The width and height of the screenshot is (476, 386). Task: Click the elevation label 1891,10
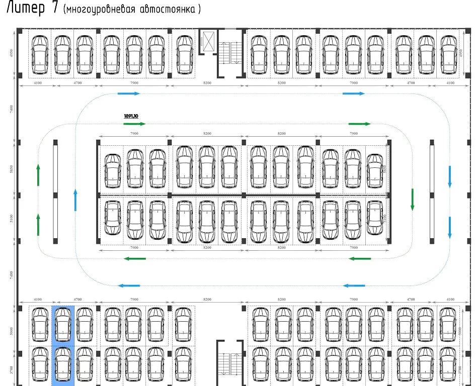[x=131, y=116]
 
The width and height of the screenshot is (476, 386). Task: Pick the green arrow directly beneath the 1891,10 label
[x=134, y=124]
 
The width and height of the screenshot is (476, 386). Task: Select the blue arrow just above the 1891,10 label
[x=129, y=93]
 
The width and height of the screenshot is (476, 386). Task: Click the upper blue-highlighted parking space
[x=63, y=325]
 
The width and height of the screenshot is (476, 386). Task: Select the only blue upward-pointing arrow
[x=75, y=200]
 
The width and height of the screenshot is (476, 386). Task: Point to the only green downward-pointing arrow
[x=412, y=199]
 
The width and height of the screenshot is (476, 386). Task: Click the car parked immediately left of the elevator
[x=184, y=54]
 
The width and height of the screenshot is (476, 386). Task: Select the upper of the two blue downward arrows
[x=450, y=176]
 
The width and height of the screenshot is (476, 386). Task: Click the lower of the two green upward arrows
[x=38, y=224]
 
